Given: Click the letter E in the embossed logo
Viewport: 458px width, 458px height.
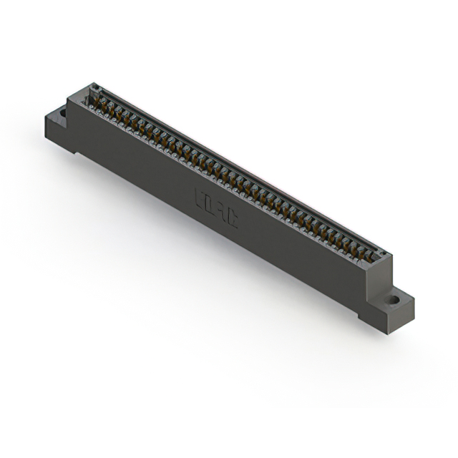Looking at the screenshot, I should coord(199,196).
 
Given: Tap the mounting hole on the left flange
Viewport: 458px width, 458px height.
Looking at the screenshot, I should coord(62,112).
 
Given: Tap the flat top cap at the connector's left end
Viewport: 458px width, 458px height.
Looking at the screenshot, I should coord(82,94).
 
